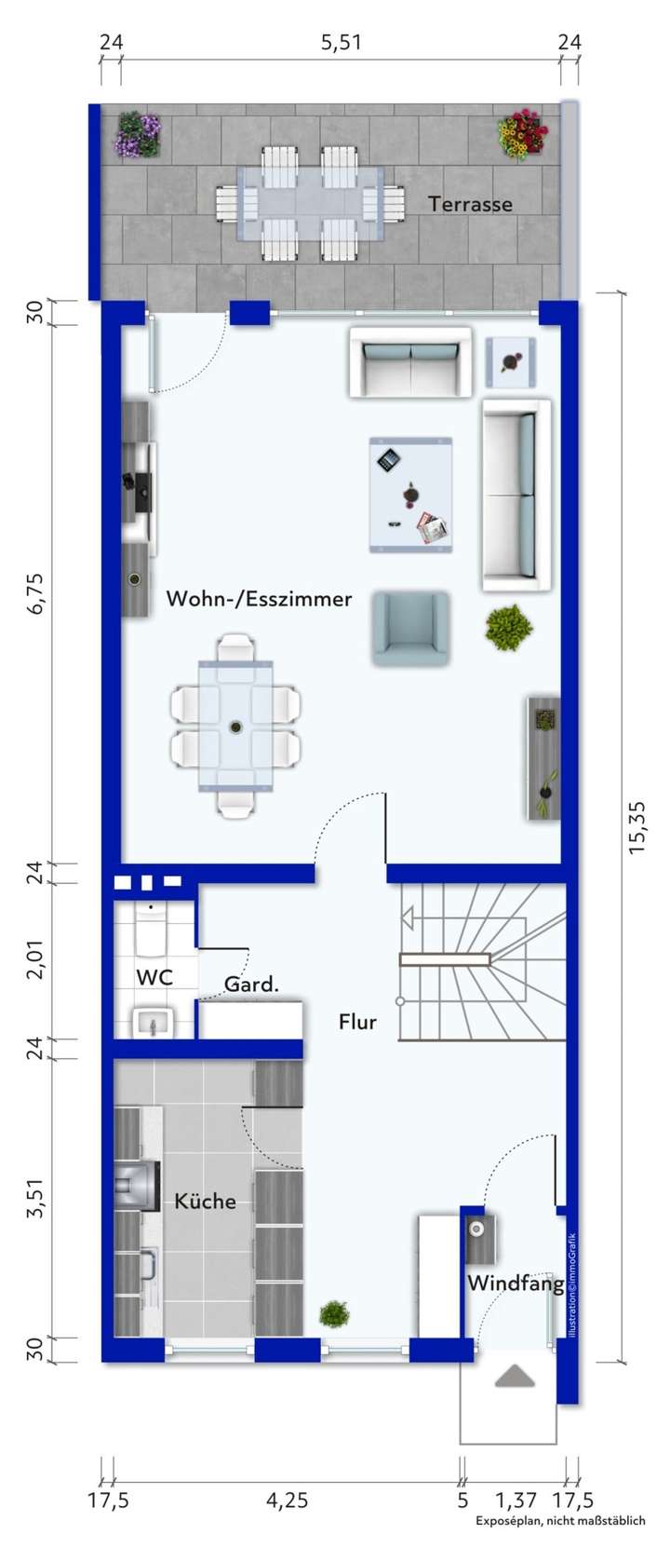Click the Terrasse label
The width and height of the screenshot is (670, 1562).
(470, 204)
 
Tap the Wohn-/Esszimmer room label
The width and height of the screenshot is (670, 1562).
(259, 599)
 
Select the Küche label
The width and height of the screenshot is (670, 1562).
(205, 1201)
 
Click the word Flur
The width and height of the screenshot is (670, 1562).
(357, 1022)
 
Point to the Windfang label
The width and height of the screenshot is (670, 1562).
(515, 1283)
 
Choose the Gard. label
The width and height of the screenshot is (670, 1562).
(251, 984)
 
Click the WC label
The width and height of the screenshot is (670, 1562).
(154, 977)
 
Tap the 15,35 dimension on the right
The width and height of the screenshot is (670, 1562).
(637, 826)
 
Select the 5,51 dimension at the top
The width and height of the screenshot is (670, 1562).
(341, 42)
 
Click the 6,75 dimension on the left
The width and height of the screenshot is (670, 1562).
(36, 592)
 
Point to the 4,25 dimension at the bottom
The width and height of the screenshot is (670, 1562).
(287, 1500)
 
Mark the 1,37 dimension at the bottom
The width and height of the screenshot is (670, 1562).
(516, 1500)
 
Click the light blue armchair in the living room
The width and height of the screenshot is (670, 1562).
(410, 629)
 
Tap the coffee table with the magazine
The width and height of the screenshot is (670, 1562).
(410, 495)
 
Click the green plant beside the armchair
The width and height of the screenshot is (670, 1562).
(509, 626)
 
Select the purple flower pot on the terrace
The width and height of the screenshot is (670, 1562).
(138, 134)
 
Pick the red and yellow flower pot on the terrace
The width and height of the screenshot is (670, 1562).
(520, 135)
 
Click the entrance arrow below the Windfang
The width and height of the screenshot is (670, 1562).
(515, 1376)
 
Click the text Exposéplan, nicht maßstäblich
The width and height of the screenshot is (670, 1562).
(560, 1520)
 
